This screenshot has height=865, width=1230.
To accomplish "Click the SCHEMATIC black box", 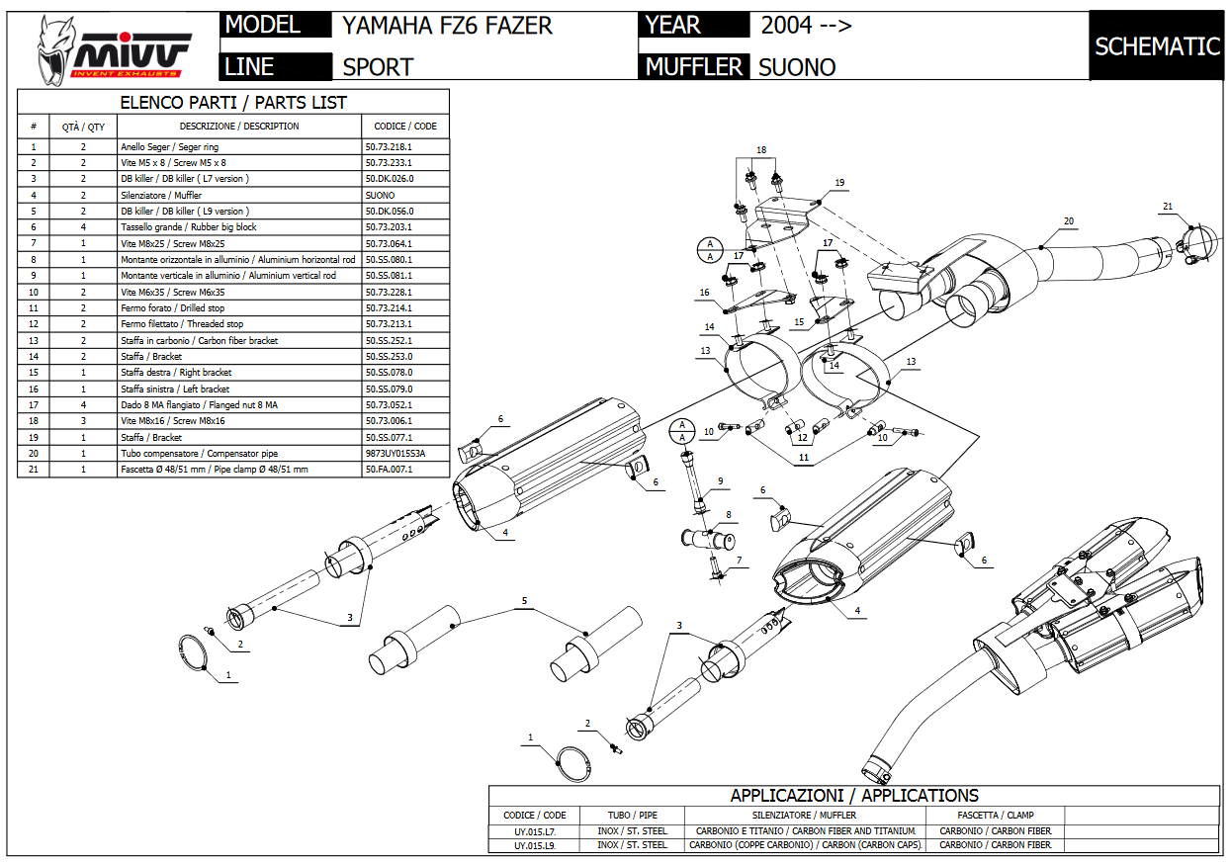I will [x=1157, y=46].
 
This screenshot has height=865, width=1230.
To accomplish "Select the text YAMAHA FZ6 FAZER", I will [x=447, y=26].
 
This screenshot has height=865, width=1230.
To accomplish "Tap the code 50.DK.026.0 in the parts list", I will [x=390, y=178].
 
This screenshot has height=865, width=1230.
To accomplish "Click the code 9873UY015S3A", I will [x=395, y=453].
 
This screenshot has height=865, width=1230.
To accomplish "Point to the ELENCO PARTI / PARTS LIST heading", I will [x=233, y=102].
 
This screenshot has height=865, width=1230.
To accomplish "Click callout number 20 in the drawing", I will [x=1069, y=220].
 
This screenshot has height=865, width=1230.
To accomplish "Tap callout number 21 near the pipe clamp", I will [x=1168, y=207].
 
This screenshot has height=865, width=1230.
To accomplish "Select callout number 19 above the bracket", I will [x=839, y=183].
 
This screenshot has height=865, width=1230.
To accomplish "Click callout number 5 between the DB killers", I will [x=524, y=600].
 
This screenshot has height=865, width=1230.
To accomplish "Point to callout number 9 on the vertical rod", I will [x=721, y=480].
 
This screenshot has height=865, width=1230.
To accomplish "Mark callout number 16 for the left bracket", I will [x=704, y=293].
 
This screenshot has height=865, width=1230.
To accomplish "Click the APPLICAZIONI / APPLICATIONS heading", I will [x=854, y=796].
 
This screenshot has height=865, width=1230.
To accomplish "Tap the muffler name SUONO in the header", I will [x=797, y=67].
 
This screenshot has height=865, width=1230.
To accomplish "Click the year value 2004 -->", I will [x=806, y=26].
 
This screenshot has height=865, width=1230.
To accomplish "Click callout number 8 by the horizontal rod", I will [x=729, y=514].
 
